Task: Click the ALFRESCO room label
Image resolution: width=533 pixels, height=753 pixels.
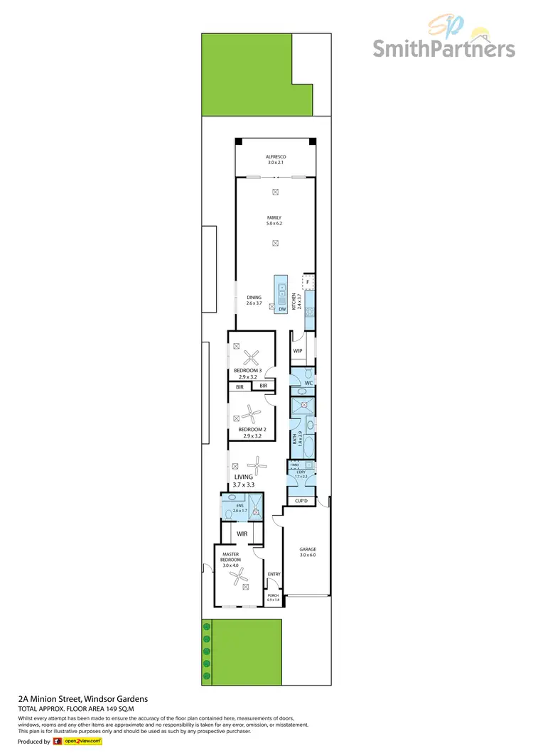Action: coord(275,156)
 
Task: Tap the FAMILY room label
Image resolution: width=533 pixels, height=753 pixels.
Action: coord(274,218)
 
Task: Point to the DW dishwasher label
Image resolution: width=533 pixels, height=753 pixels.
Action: coord(282,309)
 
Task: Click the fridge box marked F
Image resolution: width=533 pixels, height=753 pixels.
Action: coord(308,283)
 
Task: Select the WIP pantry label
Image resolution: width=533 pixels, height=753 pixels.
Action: coord(298,351)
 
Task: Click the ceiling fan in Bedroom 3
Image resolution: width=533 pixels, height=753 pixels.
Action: coord(252,357)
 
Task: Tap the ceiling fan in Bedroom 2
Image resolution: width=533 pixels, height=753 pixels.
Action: coord(252,411)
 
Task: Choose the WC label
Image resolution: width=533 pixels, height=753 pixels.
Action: coord(308,384)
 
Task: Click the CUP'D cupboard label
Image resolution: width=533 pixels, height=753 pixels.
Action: coord(301,502)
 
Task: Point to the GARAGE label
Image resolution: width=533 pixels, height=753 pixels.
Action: coord(307,549)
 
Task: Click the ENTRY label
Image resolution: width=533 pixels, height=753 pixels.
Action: coord(274,574)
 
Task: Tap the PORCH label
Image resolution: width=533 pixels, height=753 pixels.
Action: coord(274,597)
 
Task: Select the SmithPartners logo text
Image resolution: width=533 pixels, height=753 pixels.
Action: coord(444,48)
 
